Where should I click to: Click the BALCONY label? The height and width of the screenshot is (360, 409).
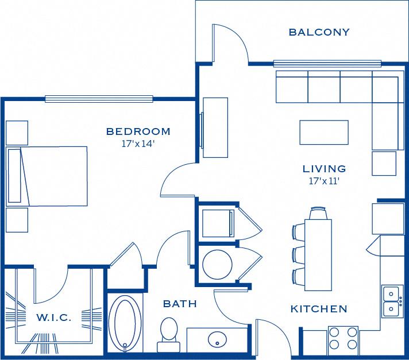tap(319, 32)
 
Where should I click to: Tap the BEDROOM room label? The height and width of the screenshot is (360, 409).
tap(138, 131)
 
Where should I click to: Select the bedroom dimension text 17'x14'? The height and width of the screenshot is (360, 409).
tap(138, 144)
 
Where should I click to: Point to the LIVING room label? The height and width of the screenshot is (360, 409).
tap(325, 169)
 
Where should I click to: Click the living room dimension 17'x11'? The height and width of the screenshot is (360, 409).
tap(325, 181)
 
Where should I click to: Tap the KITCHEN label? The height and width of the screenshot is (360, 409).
tap(319, 309)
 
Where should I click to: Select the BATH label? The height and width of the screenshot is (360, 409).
tap(180, 304)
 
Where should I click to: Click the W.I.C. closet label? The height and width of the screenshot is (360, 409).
tap(54, 318)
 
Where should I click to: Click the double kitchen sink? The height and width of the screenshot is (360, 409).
tap(393, 302)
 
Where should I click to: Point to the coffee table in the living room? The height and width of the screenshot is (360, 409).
tap(324, 132)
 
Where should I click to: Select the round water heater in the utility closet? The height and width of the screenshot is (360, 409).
tap(218, 264)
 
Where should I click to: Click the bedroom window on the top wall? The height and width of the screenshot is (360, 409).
tap(99, 99)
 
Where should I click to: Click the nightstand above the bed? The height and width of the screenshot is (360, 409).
tap(17, 133)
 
